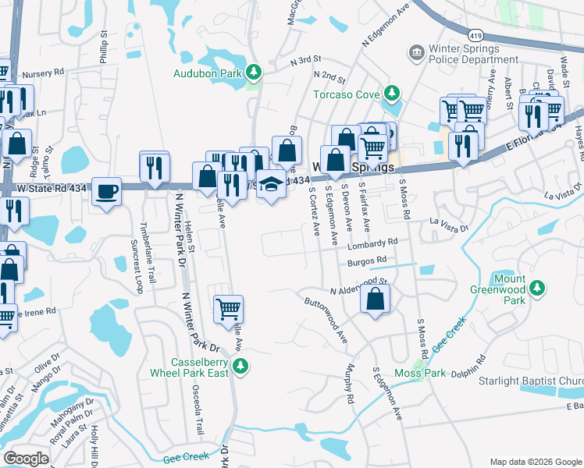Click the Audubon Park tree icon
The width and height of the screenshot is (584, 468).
(253, 73)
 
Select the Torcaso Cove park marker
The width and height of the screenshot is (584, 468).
(392, 95)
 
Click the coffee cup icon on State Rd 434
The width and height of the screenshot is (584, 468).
(106, 190)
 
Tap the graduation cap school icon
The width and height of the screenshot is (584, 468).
(271, 184)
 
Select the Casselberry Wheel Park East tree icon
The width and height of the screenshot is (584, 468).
(241, 365)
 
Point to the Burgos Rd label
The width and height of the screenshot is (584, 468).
(367, 261)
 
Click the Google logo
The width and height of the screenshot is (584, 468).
(27, 458)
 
